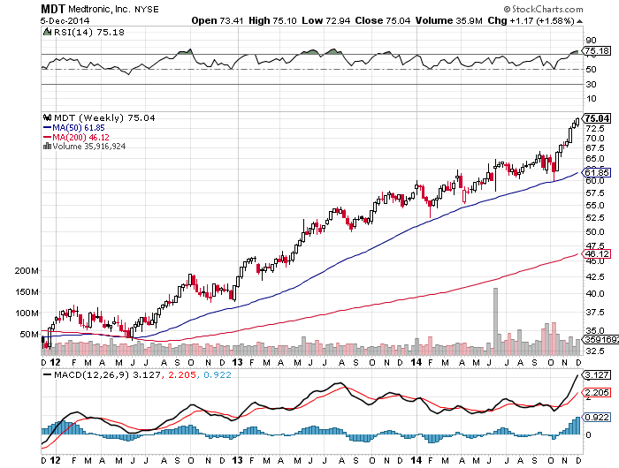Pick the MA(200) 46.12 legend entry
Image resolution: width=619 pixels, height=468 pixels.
[x=73, y=138]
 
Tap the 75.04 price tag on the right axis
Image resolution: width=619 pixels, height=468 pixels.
[x=597, y=117]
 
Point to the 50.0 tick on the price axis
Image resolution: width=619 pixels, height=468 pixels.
[x=595, y=231]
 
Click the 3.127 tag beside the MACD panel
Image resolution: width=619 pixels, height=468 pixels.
[x=596, y=374]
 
